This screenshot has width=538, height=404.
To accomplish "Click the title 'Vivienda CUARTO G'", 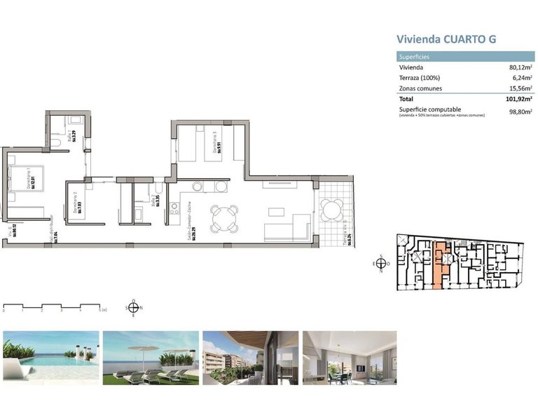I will coord(446,39).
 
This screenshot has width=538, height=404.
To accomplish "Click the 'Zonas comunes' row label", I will coord(420,88).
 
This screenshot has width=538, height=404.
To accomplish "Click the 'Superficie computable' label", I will coord(429,109).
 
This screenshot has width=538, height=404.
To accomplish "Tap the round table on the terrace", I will coord(332,209).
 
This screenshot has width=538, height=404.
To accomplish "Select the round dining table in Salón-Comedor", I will coord(224,217).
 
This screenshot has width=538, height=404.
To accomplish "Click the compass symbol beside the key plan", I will coord(380,264).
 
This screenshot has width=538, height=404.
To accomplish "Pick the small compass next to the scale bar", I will coord(134,307).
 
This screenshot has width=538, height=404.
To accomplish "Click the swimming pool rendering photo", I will coord(51,357).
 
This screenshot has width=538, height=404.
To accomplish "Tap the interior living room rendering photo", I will coord(350,357).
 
